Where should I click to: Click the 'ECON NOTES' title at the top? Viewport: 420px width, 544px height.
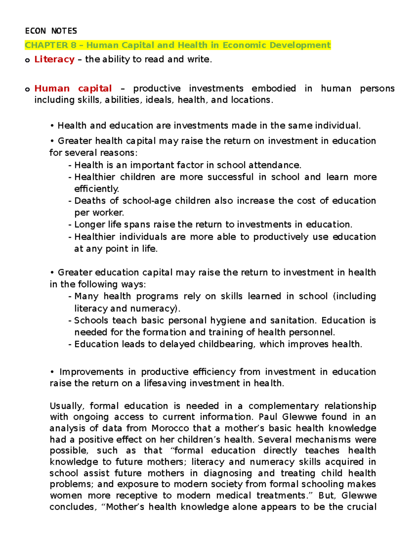coord(51,31)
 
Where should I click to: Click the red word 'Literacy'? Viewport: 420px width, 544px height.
coord(54,59)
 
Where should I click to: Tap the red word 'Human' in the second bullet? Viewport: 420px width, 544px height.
coord(52,88)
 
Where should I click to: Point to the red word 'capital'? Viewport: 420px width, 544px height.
coord(95,88)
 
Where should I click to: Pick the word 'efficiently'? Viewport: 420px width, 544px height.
coord(96,189)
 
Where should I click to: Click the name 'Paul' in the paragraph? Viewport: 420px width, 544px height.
coord(268,417)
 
